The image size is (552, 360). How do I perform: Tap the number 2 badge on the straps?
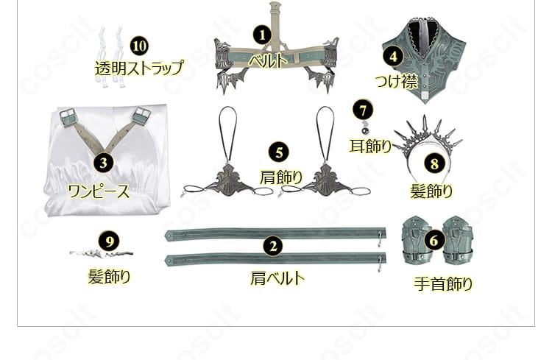(274, 247)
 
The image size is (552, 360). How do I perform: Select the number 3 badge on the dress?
(105, 162)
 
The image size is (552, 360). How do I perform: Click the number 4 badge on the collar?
(394, 54)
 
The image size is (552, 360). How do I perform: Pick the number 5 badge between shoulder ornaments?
(278, 153)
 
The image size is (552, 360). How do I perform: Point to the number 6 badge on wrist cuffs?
(434, 239)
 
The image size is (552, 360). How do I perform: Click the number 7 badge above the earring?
(362, 110)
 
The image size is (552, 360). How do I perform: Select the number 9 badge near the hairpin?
(109, 241)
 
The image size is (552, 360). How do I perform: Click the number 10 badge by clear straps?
(139, 45)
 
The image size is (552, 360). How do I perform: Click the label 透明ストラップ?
(138, 68)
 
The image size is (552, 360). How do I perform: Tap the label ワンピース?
(99, 192)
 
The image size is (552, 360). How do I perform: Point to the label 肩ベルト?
(277, 279)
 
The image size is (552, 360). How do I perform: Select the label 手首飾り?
(442, 284)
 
